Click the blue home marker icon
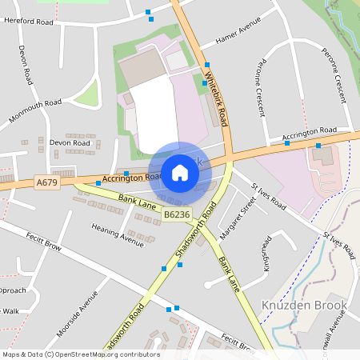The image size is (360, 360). click(179, 172)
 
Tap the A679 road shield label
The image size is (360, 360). click(47, 183)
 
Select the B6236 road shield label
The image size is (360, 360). click(177, 214)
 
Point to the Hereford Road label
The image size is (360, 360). click(28, 21)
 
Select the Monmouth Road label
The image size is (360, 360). click(35, 109)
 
